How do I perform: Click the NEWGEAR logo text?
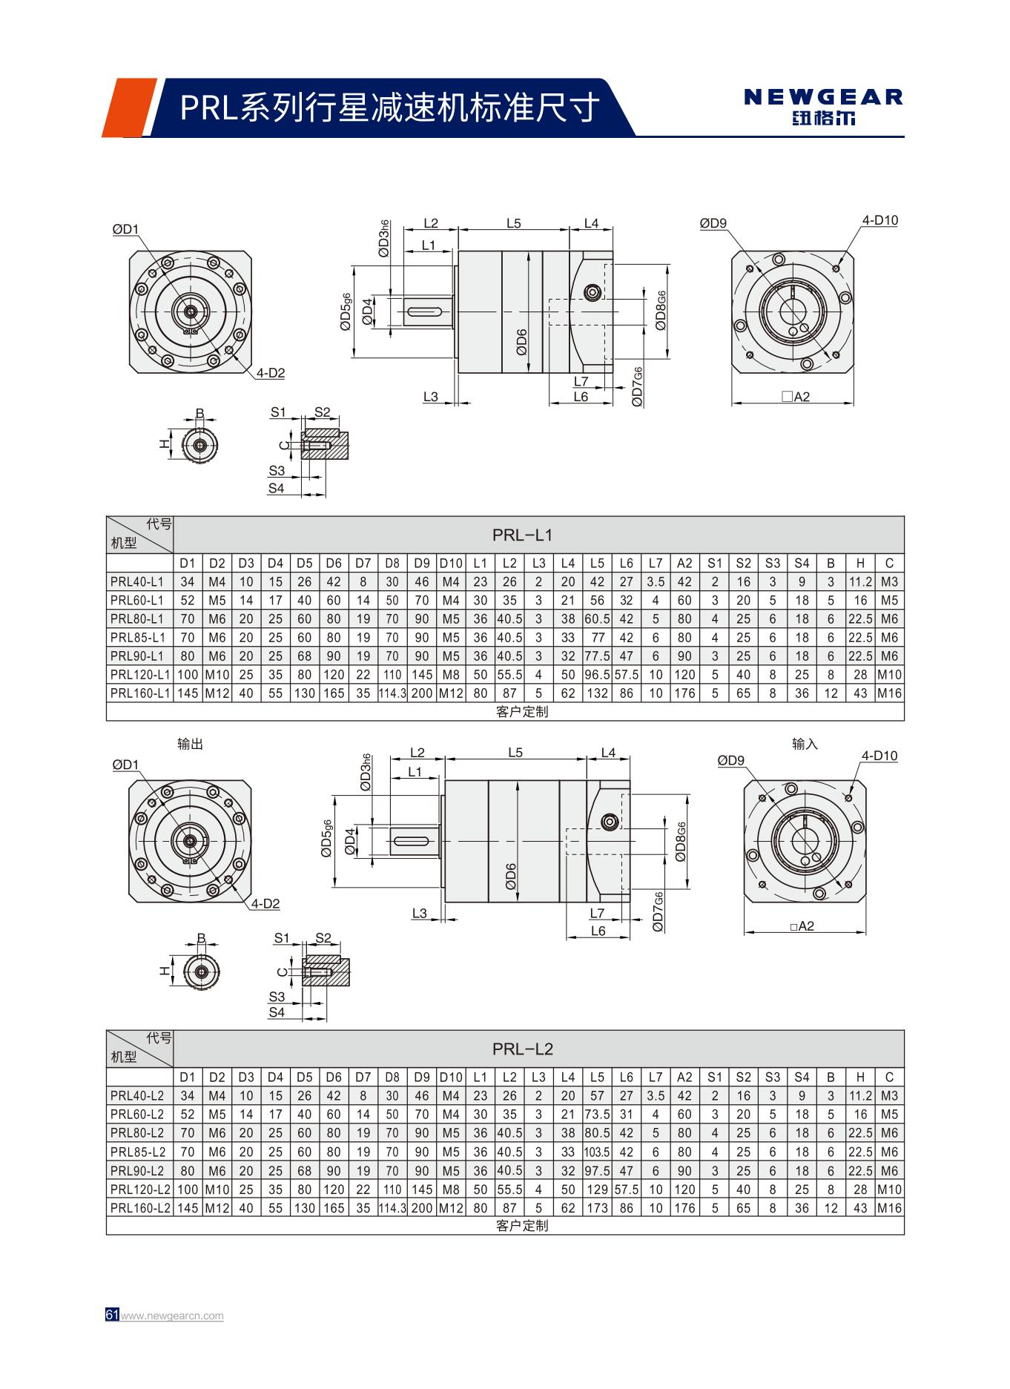coord(823,97)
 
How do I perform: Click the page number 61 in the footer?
coord(112,1315)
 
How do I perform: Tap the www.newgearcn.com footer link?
coord(171,1316)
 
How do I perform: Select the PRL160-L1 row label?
coord(139,693)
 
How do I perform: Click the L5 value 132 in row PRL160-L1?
coord(597,693)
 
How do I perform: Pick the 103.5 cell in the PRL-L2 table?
coord(597,1152)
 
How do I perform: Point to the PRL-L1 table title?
coord(522,535)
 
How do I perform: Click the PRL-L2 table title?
coord(522,1049)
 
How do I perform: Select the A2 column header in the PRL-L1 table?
coord(684,563)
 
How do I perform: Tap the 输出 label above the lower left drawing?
coord(190,744)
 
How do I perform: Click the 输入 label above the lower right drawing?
coord(805,744)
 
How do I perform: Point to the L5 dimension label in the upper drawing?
coord(513,222)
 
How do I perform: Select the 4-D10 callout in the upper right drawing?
coord(879,220)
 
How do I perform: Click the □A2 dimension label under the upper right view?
coord(796,397)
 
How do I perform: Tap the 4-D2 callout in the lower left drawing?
coord(265,903)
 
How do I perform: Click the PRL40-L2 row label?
coord(137,1095)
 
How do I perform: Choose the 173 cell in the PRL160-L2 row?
coord(597,1207)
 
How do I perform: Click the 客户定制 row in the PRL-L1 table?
coord(522,711)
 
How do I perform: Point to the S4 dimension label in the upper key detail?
coord(276,488)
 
